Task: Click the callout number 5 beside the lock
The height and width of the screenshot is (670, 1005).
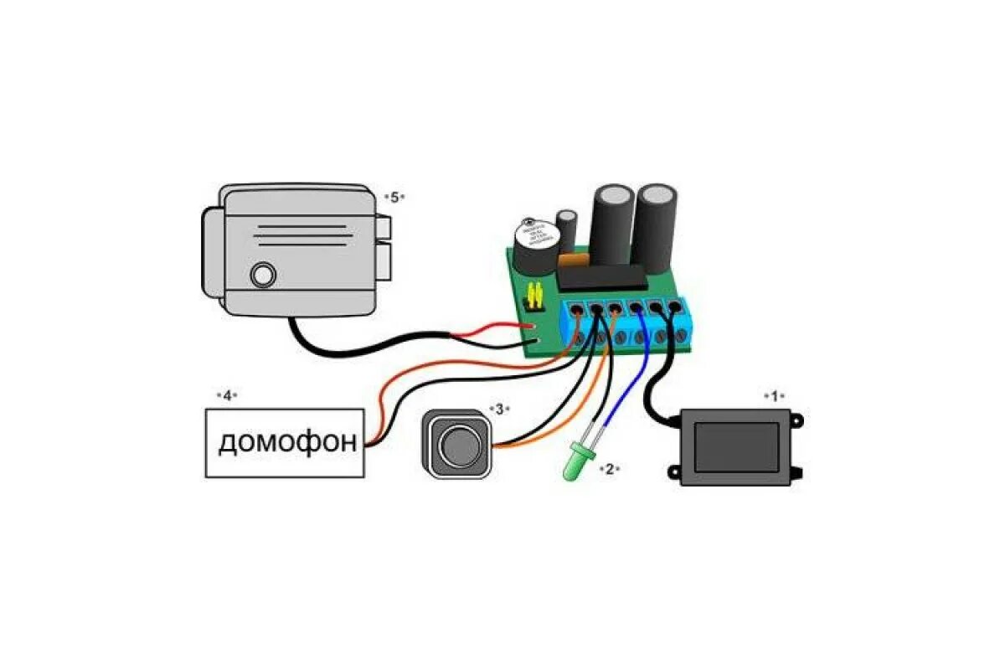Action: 394,197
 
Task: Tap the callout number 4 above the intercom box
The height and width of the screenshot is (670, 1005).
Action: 226,394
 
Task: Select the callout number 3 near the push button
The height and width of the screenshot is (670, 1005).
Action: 499,409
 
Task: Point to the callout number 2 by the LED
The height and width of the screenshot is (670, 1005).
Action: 610,469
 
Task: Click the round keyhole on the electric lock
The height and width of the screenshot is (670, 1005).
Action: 264,276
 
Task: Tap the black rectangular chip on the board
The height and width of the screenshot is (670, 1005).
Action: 601,276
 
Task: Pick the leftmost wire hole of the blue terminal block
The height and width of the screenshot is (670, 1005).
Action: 578,312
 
